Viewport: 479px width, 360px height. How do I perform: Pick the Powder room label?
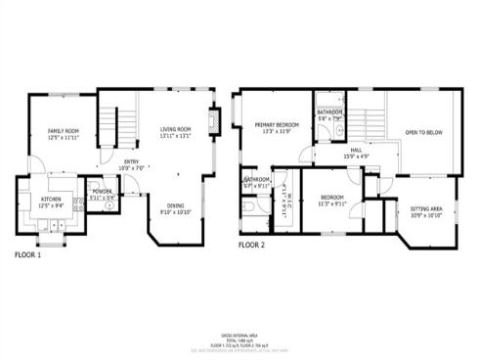coord(103,194)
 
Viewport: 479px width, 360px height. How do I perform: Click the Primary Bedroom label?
coord(277,128)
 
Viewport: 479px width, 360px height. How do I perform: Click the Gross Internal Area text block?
coord(239,338)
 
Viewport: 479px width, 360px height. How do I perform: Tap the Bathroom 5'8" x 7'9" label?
coord(329,115)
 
